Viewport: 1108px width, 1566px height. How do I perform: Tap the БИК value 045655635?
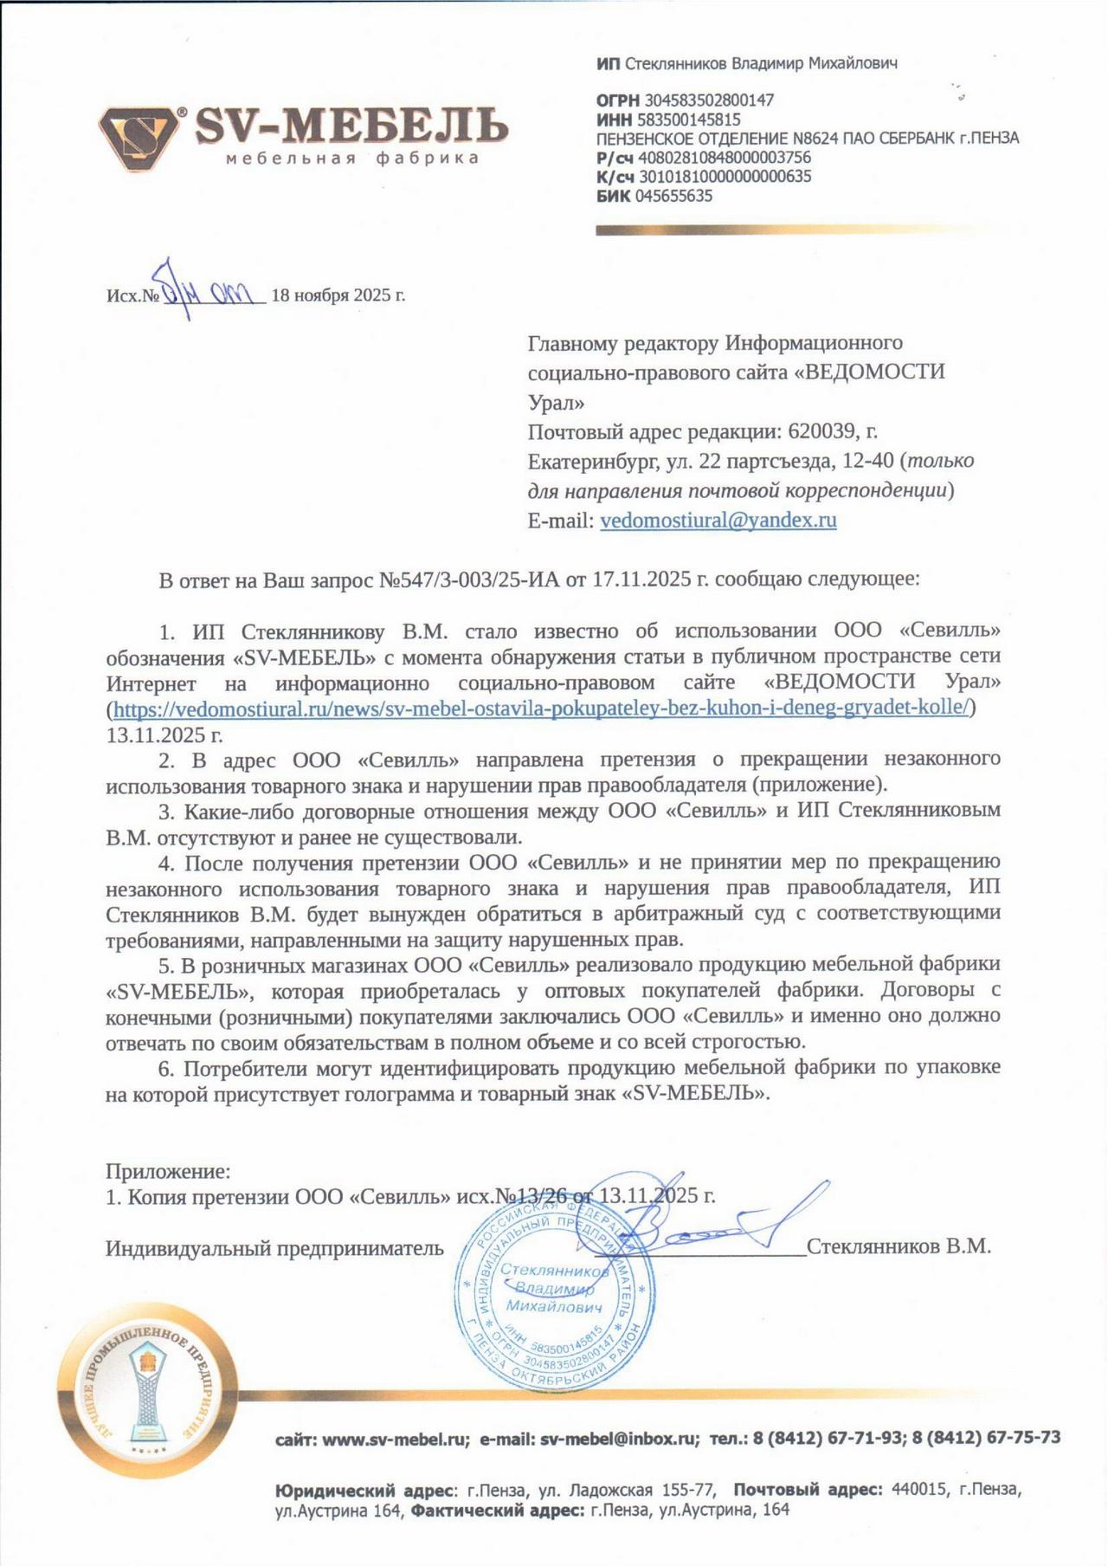click(x=673, y=196)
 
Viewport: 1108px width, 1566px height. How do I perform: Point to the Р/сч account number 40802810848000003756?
click(x=724, y=158)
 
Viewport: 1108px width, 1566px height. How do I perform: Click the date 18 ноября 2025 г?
click(x=338, y=295)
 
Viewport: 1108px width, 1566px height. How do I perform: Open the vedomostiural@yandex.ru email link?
click(x=718, y=521)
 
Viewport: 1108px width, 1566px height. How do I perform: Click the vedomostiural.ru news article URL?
click(x=540, y=709)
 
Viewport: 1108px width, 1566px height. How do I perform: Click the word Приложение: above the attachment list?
click(x=168, y=1172)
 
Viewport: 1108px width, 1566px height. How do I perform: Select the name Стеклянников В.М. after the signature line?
click(x=899, y=1246)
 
